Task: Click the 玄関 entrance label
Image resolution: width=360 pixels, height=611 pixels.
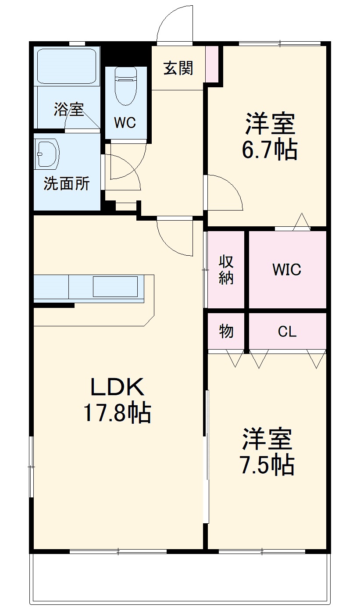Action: point(178,68)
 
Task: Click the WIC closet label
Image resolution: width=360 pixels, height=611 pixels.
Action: point(287,269)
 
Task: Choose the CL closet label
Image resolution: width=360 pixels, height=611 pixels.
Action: point(287,332)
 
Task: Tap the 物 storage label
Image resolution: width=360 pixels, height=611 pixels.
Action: point(226,332)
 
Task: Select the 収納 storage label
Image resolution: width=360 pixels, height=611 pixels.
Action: point(226,269)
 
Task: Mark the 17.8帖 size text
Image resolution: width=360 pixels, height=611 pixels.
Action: point(117,413)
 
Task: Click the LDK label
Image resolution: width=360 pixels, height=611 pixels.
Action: point(117,387)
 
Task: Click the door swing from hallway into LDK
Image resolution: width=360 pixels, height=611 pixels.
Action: point(175,237)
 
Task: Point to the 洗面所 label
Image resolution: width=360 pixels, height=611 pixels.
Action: point(66,184)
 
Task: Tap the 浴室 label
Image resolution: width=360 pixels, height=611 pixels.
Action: point(69,109)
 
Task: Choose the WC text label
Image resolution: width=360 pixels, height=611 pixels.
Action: point(125,123)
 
